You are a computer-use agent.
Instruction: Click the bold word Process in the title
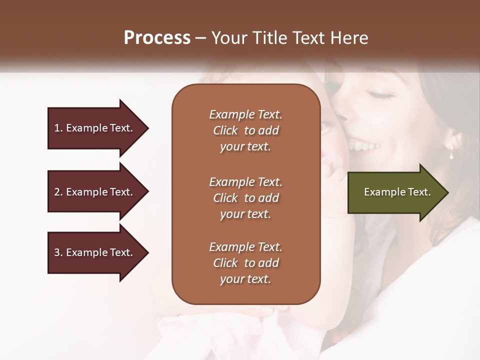157,38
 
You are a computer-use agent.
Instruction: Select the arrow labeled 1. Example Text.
95,128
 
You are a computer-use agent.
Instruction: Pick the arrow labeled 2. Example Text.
95,192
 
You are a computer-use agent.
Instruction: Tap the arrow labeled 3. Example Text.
95,252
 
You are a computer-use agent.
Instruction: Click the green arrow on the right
397,192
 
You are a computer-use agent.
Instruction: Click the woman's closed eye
381,95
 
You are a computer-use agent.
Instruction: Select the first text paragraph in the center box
245,130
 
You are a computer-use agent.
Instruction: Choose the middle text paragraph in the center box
245,197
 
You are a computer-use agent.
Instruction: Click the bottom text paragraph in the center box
245,263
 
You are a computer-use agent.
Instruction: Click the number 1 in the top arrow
56,128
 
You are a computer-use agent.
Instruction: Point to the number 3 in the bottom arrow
56,252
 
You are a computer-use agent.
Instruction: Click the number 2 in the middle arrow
56,192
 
